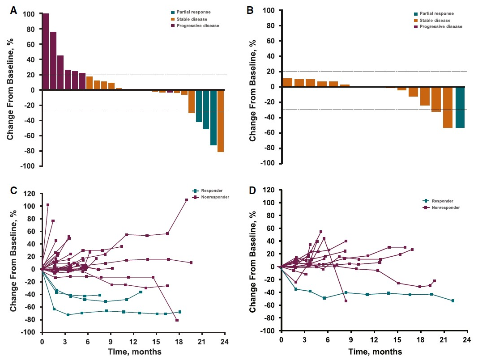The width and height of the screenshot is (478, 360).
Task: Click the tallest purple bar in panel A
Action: (x=45, y=51)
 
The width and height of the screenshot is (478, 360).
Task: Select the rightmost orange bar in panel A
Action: (x=220, y=121)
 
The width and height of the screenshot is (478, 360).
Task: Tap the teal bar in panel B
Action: (x=460, y=107)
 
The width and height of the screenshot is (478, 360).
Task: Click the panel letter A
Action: (x=14, y=10)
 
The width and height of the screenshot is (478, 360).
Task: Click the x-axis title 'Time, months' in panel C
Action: (x=134, y=352)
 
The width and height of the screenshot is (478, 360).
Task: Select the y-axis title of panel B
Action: (x=253, y=90)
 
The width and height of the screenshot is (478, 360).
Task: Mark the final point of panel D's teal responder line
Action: (x=453, y=301)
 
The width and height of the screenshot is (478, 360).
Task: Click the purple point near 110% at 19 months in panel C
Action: (x=187, y=200)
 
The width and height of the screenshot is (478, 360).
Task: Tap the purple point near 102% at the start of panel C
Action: (x=47, y=205)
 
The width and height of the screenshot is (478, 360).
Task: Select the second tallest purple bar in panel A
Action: (x=53, y=61)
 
